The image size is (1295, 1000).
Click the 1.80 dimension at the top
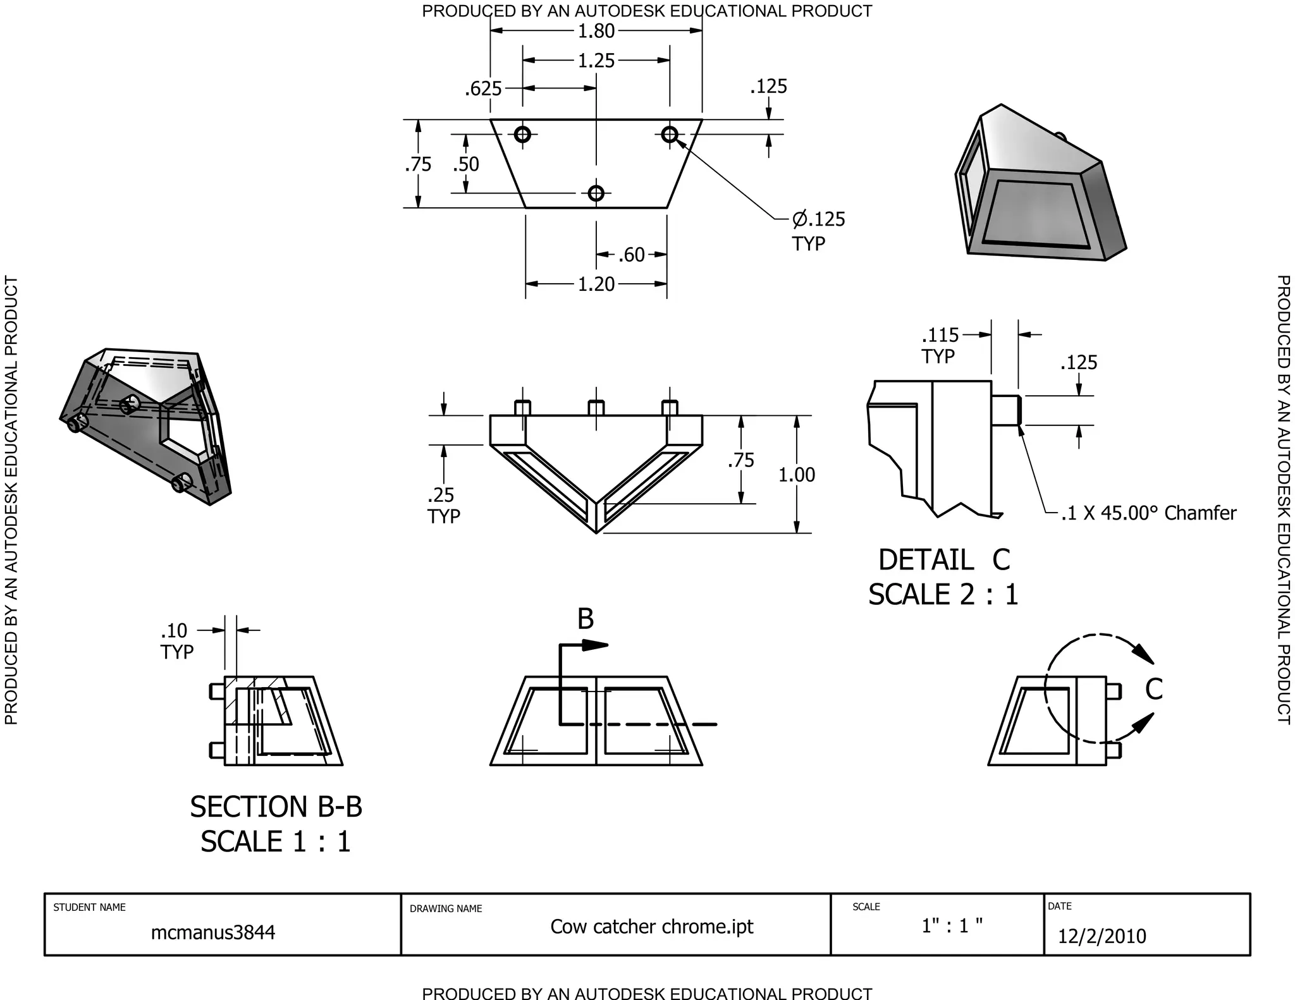pyautogui.click(x=596, y=31)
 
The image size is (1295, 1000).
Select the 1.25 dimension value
pyautogui.click(x=596, y=61)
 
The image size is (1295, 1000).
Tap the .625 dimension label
pyautogui.click(x=483, y=89)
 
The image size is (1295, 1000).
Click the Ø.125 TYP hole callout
pyautogui.click(x=818, y=230)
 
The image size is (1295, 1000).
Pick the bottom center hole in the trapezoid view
pyautogui.click(x=596, y=193)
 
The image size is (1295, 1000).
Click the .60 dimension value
pyautogui.click(x=630, y=255)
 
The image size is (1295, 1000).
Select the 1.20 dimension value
pyautogui.click(x=596, y=284)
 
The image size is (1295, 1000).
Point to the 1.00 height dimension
pyautogui.click(x=796, y=475)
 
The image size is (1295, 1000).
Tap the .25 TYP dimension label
pyautogui.click(x=443, y=505)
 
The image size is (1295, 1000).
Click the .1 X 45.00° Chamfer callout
pyautogui.click(x=1148, y=513)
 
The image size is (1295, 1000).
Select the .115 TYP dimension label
pyautogui.click(x=940, y=345)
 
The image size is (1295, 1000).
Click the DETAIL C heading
pyautogui.click(x=943, y=560)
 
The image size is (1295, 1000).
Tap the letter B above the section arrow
pyautogui.click(x=586, y=619)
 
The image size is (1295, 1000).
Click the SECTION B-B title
pyautogui.click(x=276, y=807)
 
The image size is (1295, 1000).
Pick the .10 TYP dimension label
pyautogui.click(x=176, y=640)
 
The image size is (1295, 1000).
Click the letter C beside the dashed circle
pyautogui.click(x=1153, y=689)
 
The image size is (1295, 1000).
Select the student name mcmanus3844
pyautogui.click(x=213, y=932)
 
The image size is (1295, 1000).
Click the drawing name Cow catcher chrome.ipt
pyautogui.click(x=651, y=927)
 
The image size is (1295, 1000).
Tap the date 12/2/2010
pyautogui.click(x=1102, y=936)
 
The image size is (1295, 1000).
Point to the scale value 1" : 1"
pyautogui.click(x=952, y=926)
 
